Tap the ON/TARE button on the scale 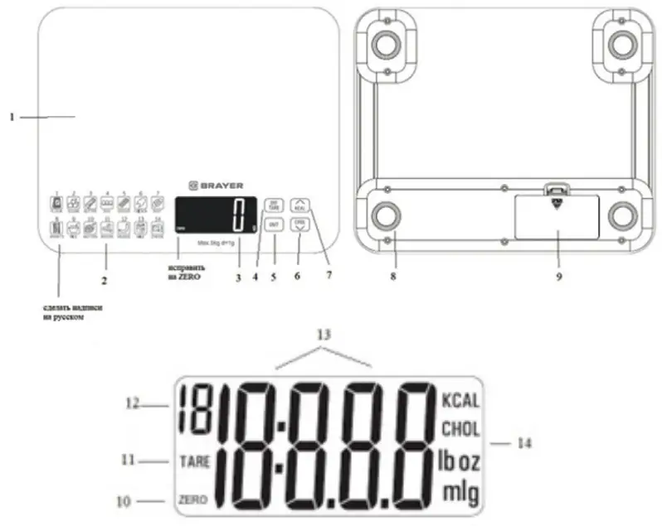[272, 206]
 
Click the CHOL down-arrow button [300, 225]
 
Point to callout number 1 [12, 117]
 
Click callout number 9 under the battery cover [558, 277]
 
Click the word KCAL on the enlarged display [460, 400]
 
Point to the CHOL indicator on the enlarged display [460, 430]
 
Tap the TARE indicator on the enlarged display [193, 461]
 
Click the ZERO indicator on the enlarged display [192, 500]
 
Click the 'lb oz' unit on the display [459, 461]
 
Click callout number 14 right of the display [523, 443]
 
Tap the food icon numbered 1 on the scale [56, 201]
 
